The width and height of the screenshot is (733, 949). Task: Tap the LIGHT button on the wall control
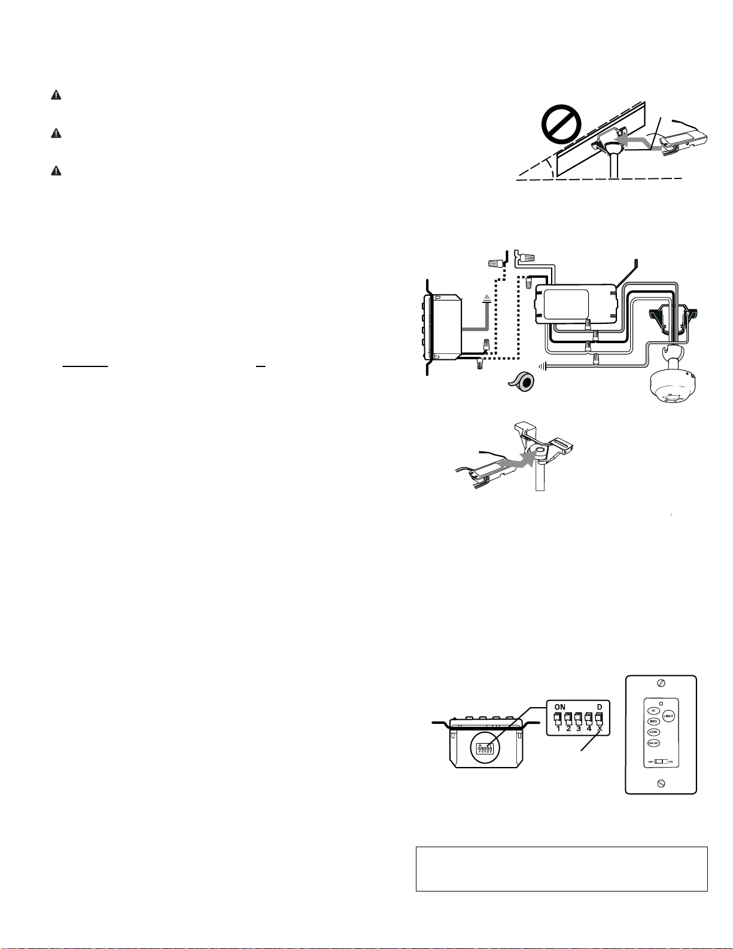(x=668, y=716)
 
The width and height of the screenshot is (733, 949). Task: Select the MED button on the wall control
(x=653, y=721)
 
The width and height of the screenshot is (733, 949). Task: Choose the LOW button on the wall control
(x=653, y=732)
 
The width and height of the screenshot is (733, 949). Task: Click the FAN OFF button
(x=653, y=743)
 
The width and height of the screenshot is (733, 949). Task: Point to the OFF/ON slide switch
(x=659, y=762)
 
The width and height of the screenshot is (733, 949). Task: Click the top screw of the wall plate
(x=661, y=683)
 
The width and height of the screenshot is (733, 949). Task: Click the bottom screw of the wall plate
(x=661, y=783)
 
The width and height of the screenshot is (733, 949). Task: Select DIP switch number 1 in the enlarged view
(x=558, y=717)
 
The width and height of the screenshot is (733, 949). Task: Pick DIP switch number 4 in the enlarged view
(x=589, y=717)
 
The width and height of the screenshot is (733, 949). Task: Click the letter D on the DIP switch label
(x=599, y=707)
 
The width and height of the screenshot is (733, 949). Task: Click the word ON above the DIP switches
(x=560, y=707)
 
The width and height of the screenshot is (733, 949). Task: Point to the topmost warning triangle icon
(x=56, y=95)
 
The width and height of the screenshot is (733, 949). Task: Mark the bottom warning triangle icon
(x=56, y=171)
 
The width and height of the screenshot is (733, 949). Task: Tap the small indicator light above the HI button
(x=661, y=702)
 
